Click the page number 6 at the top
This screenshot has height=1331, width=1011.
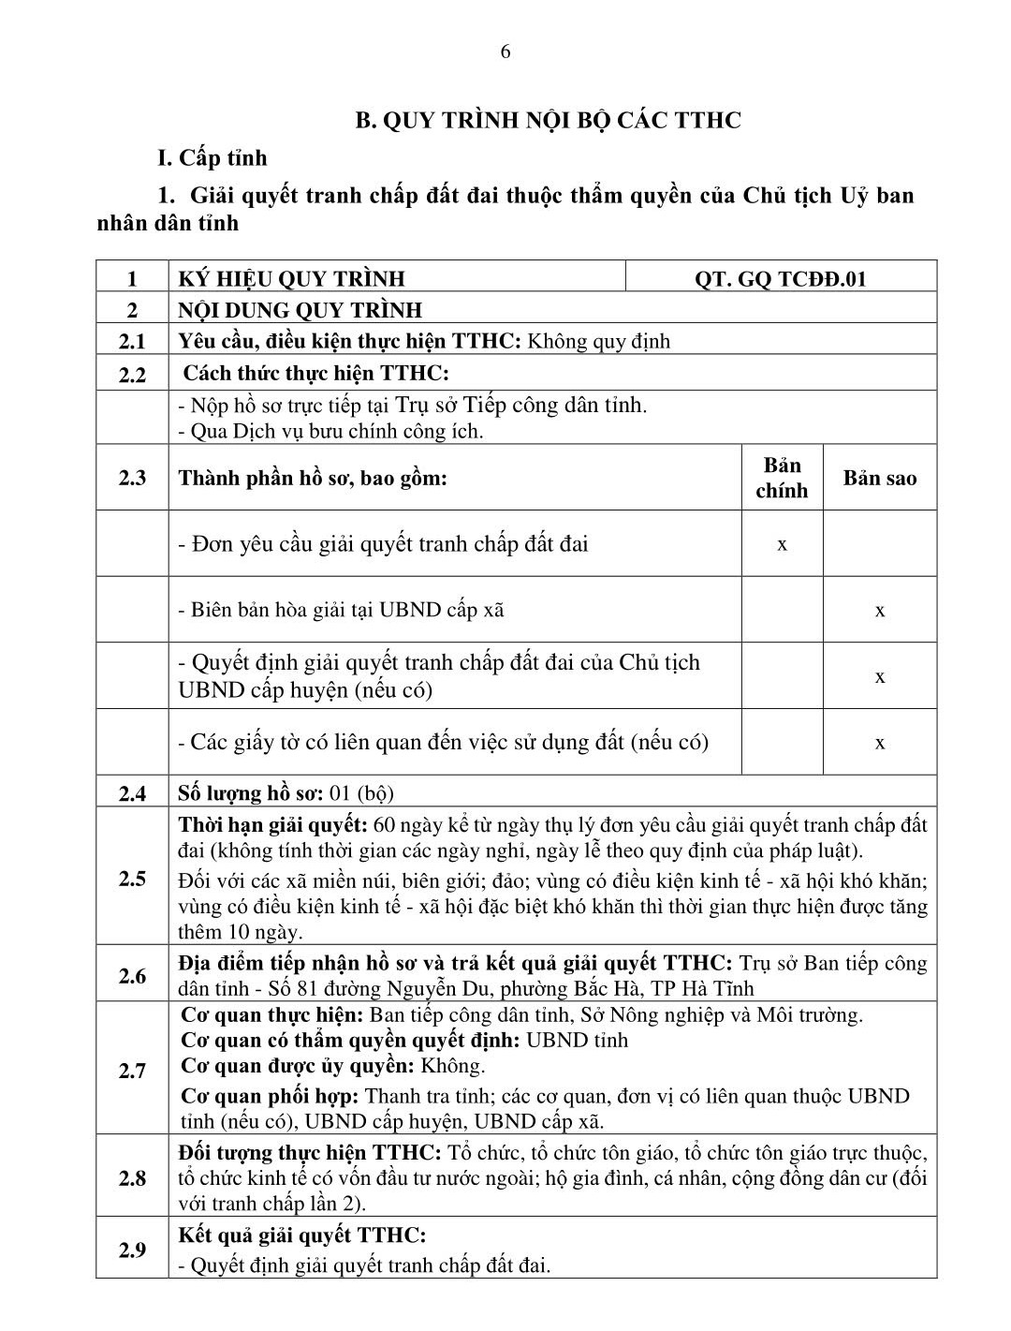(x=505, y=52)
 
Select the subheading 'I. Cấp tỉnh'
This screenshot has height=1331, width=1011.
(x=212, y=157)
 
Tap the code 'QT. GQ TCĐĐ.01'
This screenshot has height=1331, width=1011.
(x=780, y=278)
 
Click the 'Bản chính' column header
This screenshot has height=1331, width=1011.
(x=782, y=478)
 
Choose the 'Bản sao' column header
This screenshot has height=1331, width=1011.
(x=879, y=478)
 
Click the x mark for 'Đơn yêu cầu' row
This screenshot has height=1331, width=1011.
(x=782, y=544)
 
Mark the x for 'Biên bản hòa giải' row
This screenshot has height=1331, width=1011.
(x=880, y=611)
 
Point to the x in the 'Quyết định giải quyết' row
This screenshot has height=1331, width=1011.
(x=880, y=676)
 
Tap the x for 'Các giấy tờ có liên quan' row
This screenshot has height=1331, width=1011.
(x=880, y=743)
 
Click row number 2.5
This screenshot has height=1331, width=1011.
(x=132, y=879)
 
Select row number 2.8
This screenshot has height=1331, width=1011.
(x=132, y=1178)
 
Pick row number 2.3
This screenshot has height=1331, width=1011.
(x=132, y=478)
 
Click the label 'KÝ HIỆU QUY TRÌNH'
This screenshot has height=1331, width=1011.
(x=292, y=278)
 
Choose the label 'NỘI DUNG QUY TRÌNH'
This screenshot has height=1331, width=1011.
(x=300, y=310)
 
